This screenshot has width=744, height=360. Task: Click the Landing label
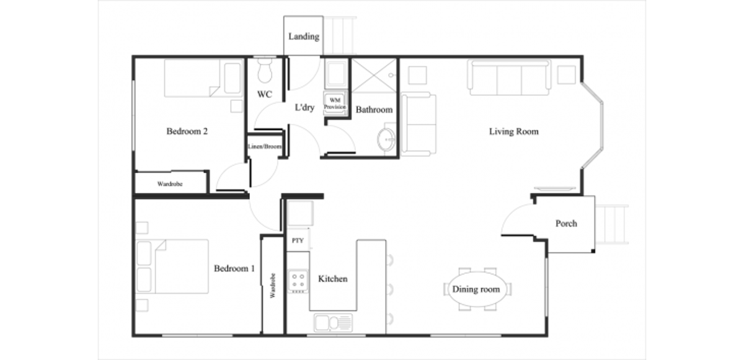pos(304,37)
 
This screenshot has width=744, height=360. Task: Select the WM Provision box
pos(335,103)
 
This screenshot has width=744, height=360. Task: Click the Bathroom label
pos(374,110)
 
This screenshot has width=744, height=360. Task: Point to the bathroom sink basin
pos(387,138)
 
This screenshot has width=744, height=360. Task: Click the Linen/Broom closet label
pos(265,147)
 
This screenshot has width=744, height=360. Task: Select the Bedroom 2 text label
pos(187,131)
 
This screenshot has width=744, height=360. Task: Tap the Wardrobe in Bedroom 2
pos(170,183)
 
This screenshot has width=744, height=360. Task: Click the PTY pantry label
pos(297,240)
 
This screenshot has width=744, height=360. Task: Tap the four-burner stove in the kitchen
pos(298,281)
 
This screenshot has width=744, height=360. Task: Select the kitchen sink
pos(333,323)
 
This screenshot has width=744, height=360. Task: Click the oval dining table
pos(476,289)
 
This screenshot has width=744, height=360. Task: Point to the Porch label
pos(565,223)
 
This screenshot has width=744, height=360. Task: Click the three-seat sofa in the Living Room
pos(510,77)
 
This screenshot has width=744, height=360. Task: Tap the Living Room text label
pos(513,131)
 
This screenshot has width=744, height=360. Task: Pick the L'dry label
pos(304,108)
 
